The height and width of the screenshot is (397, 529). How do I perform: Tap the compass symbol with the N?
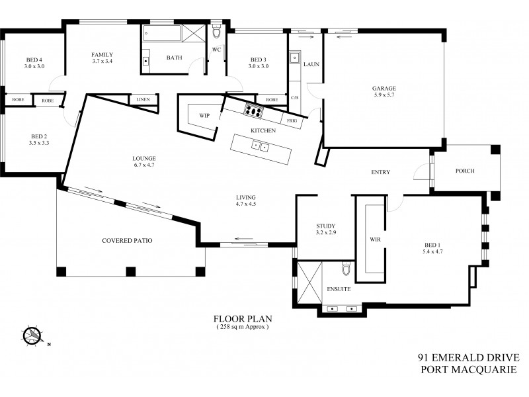pyautogui.click(x=32, y=335)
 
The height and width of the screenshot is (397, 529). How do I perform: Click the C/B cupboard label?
pyautogui.click(x=294, y=99)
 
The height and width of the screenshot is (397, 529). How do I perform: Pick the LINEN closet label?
pyautogui.click(x=143, y=99)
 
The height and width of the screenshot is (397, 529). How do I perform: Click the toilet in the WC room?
pyautogui.click(x=217, y=34)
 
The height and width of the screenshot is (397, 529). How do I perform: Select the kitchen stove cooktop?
pyautogui.click(x=253, y=110)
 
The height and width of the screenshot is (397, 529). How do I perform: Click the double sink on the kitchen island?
pyautogui.click(x=259, y=147)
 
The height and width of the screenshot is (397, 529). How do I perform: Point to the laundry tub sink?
pyautogui.click(x=295, y=58)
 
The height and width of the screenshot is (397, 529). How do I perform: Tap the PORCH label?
pyautogui.click(x=466, y=171)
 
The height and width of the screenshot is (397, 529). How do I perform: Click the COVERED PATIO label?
pyautogui.click(x=127, y=241)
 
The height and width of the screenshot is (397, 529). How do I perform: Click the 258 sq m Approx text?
pyautogui.click(x=243, y=328)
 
